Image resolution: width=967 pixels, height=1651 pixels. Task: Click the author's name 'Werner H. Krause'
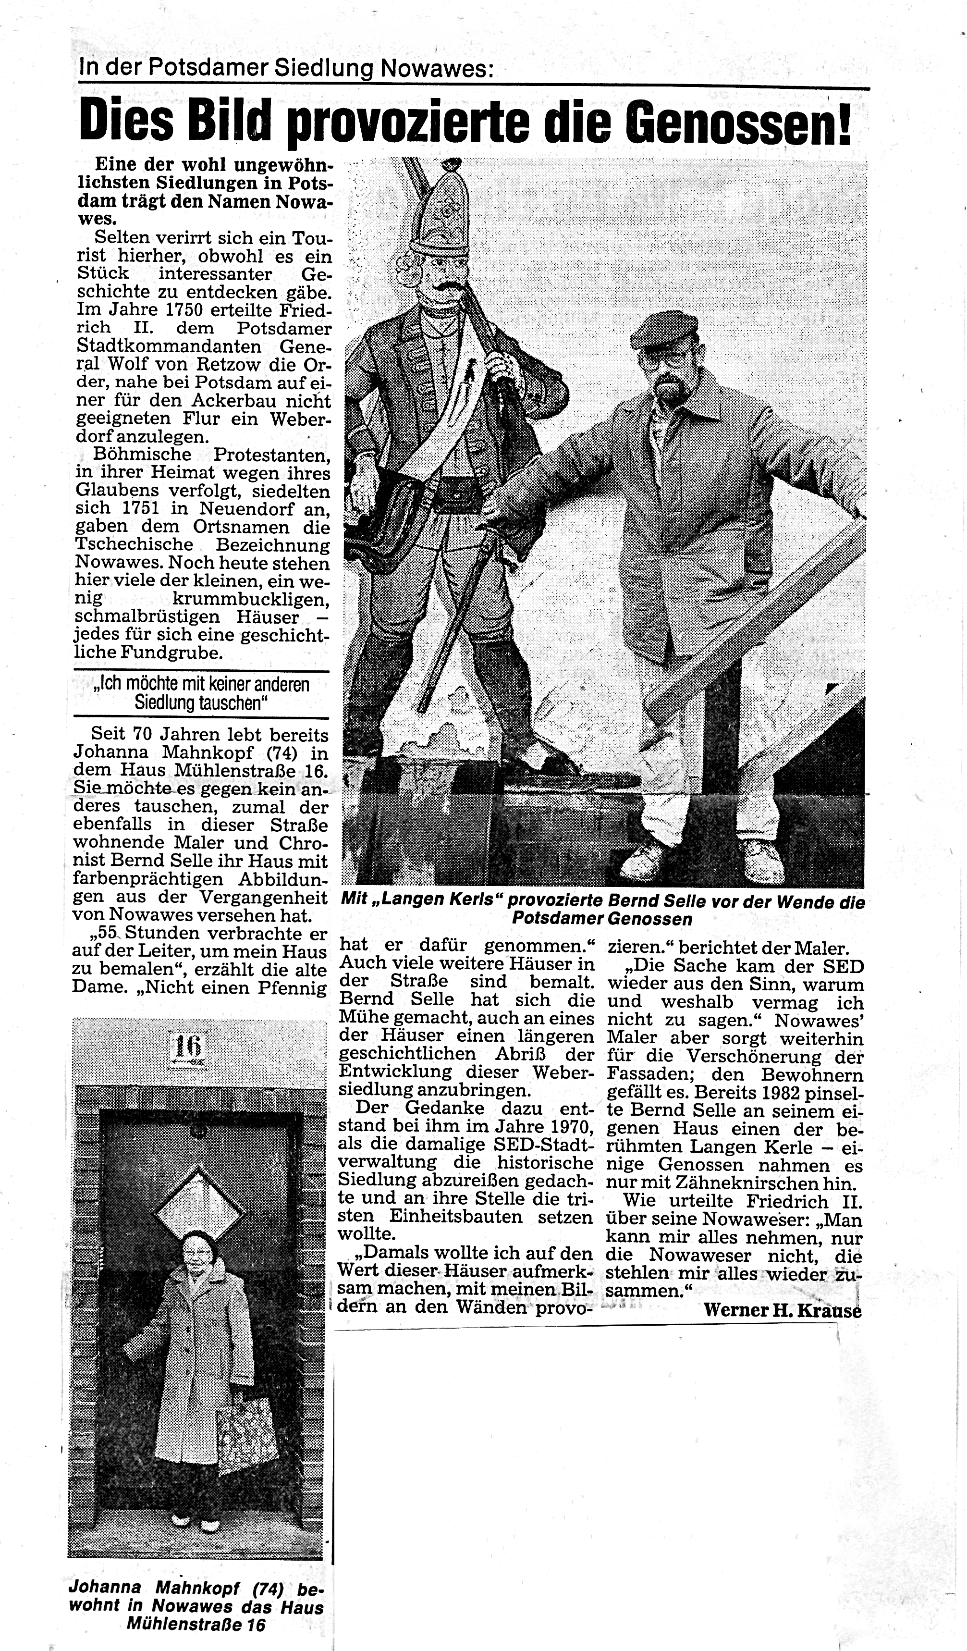click(x=782, y=1310)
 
